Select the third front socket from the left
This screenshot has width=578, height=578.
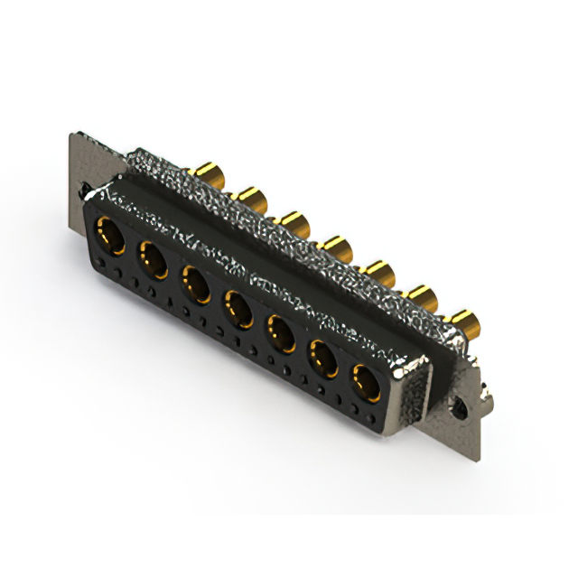point(195,283)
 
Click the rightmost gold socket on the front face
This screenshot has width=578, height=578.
point(368,383)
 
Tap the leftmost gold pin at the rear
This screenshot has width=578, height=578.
point(210,172)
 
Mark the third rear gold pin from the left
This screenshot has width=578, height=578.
point(294,219)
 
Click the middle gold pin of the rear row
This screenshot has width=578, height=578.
point(336,244)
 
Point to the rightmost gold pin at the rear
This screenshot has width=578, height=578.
point(464,319)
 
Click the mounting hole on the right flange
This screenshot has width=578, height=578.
point(464,411)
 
